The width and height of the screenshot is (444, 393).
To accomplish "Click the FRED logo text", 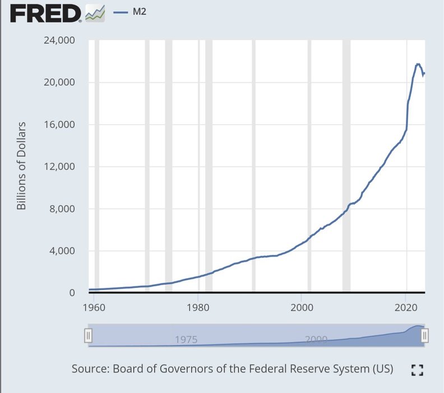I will point(45,13).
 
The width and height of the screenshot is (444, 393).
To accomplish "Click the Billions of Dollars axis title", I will point(22,166).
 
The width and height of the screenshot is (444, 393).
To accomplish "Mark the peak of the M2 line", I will point(418,64).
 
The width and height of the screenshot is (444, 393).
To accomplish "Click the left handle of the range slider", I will point(88,336).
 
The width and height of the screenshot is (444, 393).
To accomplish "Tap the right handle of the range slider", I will point(425,336).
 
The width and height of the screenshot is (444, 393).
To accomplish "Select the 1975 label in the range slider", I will point(186,340).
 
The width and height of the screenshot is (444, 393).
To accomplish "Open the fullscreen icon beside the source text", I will point(417,369).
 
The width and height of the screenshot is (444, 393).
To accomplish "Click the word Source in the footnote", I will point(90,369).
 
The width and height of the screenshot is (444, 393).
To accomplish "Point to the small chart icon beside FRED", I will point(95,12).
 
